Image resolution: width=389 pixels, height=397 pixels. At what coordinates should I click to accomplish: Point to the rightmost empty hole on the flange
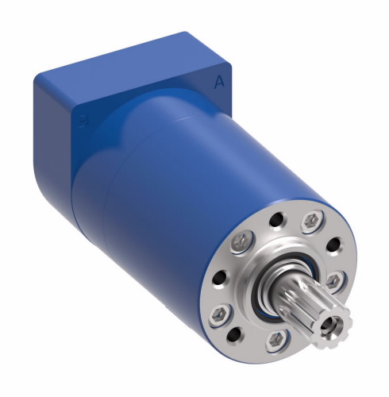click(337, 246)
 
